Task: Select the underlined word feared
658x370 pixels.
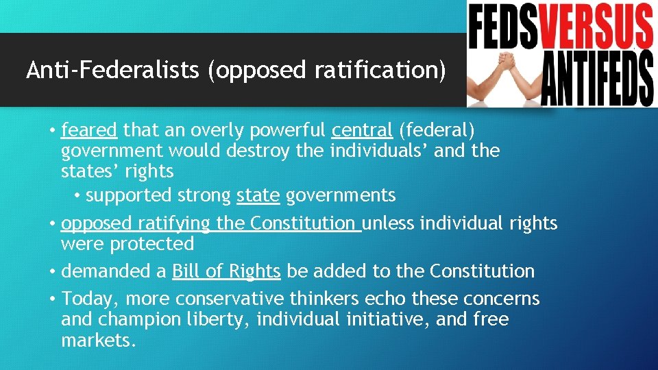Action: click(x=89, y=129)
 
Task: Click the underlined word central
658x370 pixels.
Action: click(x=362, y=129)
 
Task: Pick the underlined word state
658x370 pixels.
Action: click(x=258, y=195)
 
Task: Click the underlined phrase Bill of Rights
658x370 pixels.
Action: click(x=226, y=271)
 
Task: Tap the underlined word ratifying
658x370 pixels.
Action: click(x=174, y=223)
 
